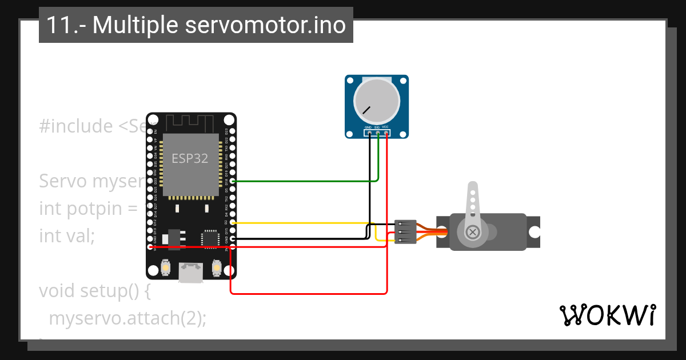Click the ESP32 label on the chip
191,158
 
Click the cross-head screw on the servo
473,232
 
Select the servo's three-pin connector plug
405,232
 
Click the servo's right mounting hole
534,232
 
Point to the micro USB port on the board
191,272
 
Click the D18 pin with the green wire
233,181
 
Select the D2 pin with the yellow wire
233,223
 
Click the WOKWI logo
607,315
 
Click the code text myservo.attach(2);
127,318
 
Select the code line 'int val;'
67,235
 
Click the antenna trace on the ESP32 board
191,122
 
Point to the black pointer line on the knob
366,109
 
